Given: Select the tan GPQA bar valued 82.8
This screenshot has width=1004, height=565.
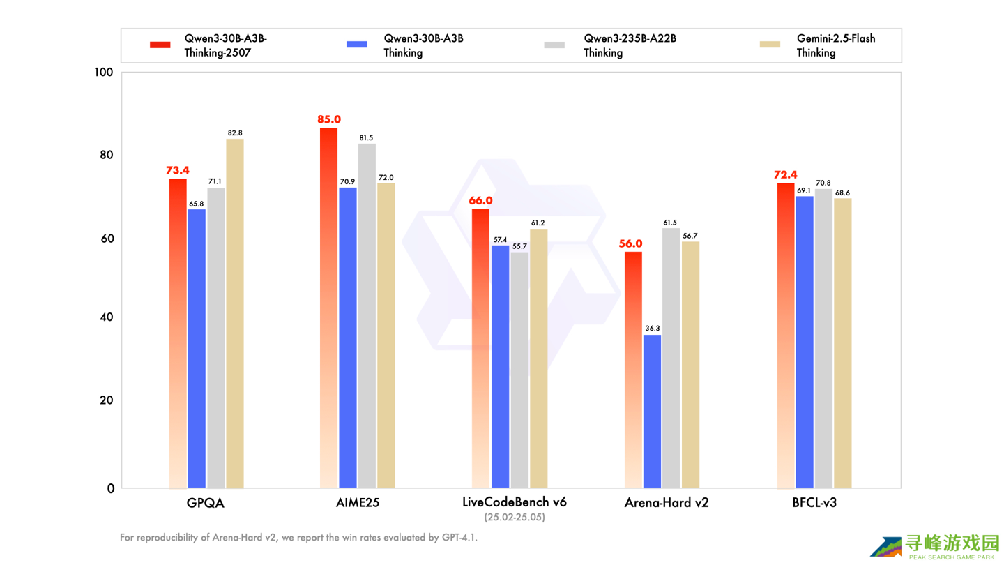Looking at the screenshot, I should [x=234, y=313].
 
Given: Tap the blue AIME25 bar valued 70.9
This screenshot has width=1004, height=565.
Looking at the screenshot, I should [x=348, y=338].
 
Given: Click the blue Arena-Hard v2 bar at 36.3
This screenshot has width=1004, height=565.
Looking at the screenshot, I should [x=652, y=412].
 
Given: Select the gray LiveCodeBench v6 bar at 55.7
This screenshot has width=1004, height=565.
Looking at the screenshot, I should [x=519, y=370].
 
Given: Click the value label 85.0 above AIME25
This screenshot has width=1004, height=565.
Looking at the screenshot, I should [x=329, y=119].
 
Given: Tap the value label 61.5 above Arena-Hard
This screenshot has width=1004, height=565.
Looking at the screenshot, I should [x=671, y=223].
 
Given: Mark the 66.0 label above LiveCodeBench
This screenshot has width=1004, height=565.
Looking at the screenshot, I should [x=480, y=201].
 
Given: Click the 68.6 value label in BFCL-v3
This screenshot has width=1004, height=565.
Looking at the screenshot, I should [x=842, y=193].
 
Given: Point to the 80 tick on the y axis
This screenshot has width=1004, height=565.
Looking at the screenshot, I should [x=105, y=155].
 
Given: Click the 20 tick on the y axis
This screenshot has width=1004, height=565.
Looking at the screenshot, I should [x=106, y=400].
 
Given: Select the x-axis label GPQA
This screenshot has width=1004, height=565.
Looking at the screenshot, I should [x=205, y=502].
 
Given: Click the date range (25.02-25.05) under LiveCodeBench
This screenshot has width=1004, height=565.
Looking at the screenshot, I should [x=515, y=518].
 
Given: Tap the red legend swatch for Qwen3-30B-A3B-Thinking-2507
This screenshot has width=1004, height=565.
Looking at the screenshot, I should [x=160, y=45].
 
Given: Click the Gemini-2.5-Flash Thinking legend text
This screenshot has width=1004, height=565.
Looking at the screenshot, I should [x=835, y=45].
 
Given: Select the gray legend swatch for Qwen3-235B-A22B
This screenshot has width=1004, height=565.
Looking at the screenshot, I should [x=554, y=45].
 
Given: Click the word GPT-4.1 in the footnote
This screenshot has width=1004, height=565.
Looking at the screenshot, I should [x=459, y=538].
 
